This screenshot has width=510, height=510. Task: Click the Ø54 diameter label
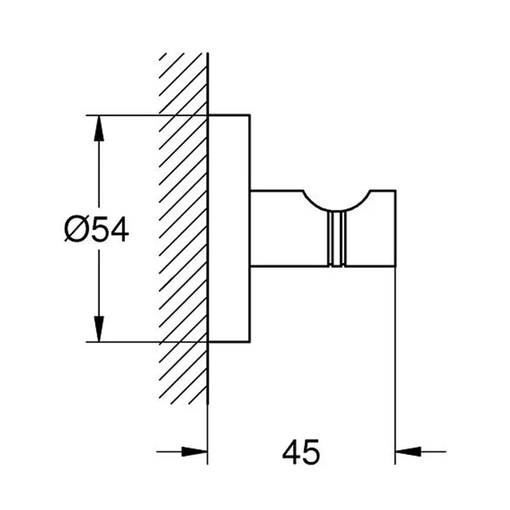[96, 230]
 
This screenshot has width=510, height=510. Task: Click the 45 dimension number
[301, 452]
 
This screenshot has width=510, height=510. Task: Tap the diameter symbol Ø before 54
[75, 230]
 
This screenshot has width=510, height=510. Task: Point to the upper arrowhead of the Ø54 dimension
[99, 128]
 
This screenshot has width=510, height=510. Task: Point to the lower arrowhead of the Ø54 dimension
[99, 329]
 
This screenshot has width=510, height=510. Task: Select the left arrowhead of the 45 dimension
[194, 451]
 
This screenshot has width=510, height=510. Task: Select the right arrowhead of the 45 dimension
[408, 451]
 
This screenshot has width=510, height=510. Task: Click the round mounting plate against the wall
[229, 228]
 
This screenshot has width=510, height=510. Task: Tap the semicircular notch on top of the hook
[337, 200]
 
